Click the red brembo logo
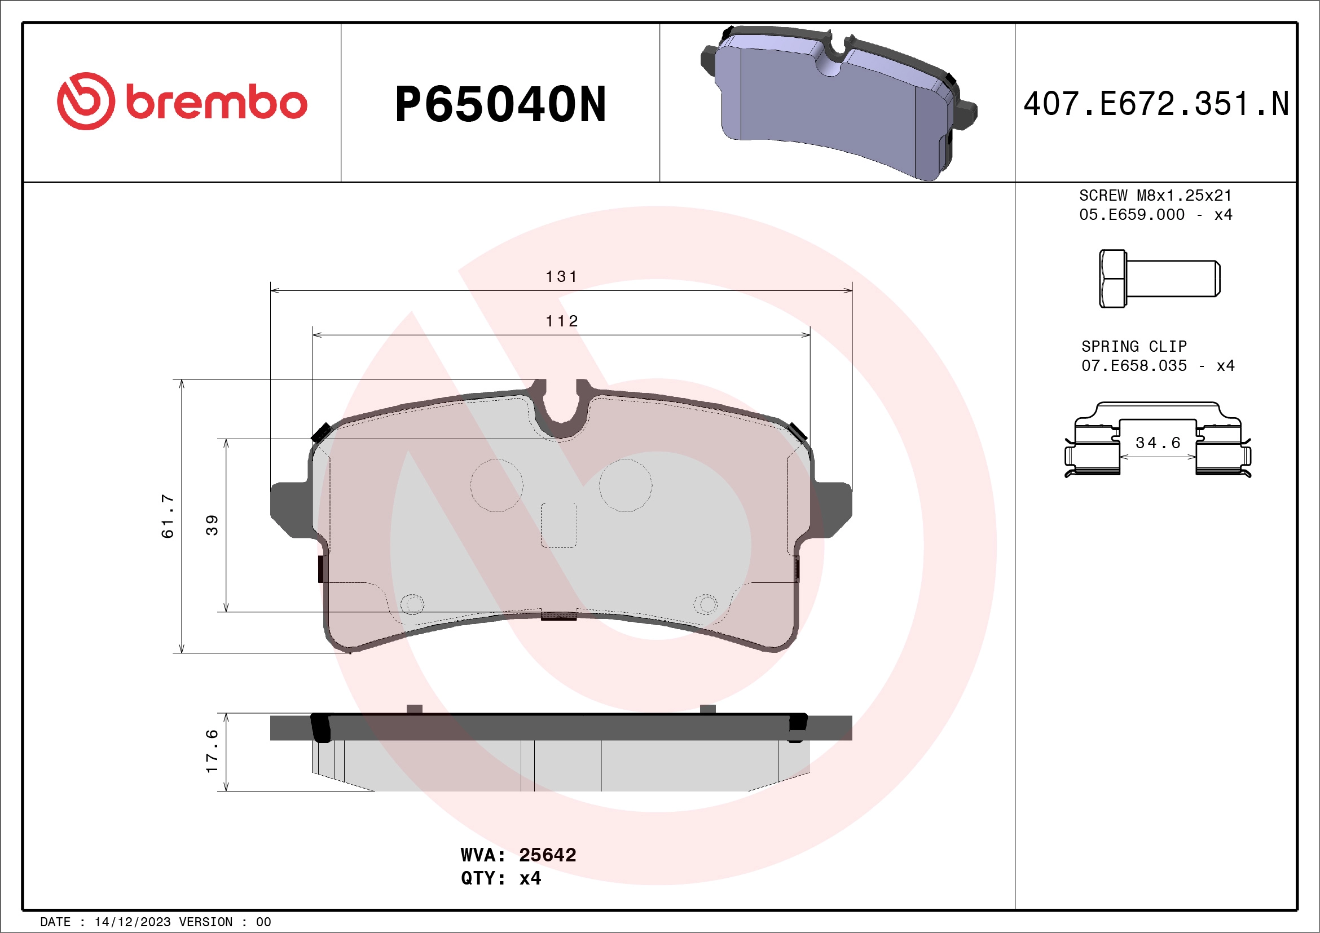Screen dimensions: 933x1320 pyautogui.click(x=182, y=101)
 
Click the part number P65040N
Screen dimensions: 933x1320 pyautogui.click(x=500, y=104)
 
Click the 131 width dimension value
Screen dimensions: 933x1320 pyautogui.click(x=561, y=277)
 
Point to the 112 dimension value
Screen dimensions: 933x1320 pyautogui.click(x=561, y=321)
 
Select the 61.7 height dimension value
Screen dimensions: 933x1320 pyautogui.click(x=168, y=515)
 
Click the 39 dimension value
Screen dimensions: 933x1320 pyautogui.click(x=212, y=525)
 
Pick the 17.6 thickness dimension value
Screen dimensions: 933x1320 pyautogui.click(x=212, y=751)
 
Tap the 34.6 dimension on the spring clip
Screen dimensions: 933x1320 pyautogui.click(x=1158, y=443)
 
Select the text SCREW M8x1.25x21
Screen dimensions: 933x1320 pyautogui.click(x=1155, y=195)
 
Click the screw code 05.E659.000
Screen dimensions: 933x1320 pyautogui.click(x=1132, y=214)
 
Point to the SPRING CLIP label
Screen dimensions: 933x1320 pyautogui.click(x=1134, y=347)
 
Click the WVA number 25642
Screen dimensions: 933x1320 pyautogui.click(x=547, y=855)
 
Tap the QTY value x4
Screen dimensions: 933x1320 pyautogui.click(x=530, y=878)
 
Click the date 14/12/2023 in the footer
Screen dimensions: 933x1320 pyautogui.click(x=132, y=922)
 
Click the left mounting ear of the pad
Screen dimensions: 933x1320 pyautogui.click(x=291, y=509)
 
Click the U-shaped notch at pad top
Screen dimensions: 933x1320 pyautogui.click(x=561, y=408)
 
